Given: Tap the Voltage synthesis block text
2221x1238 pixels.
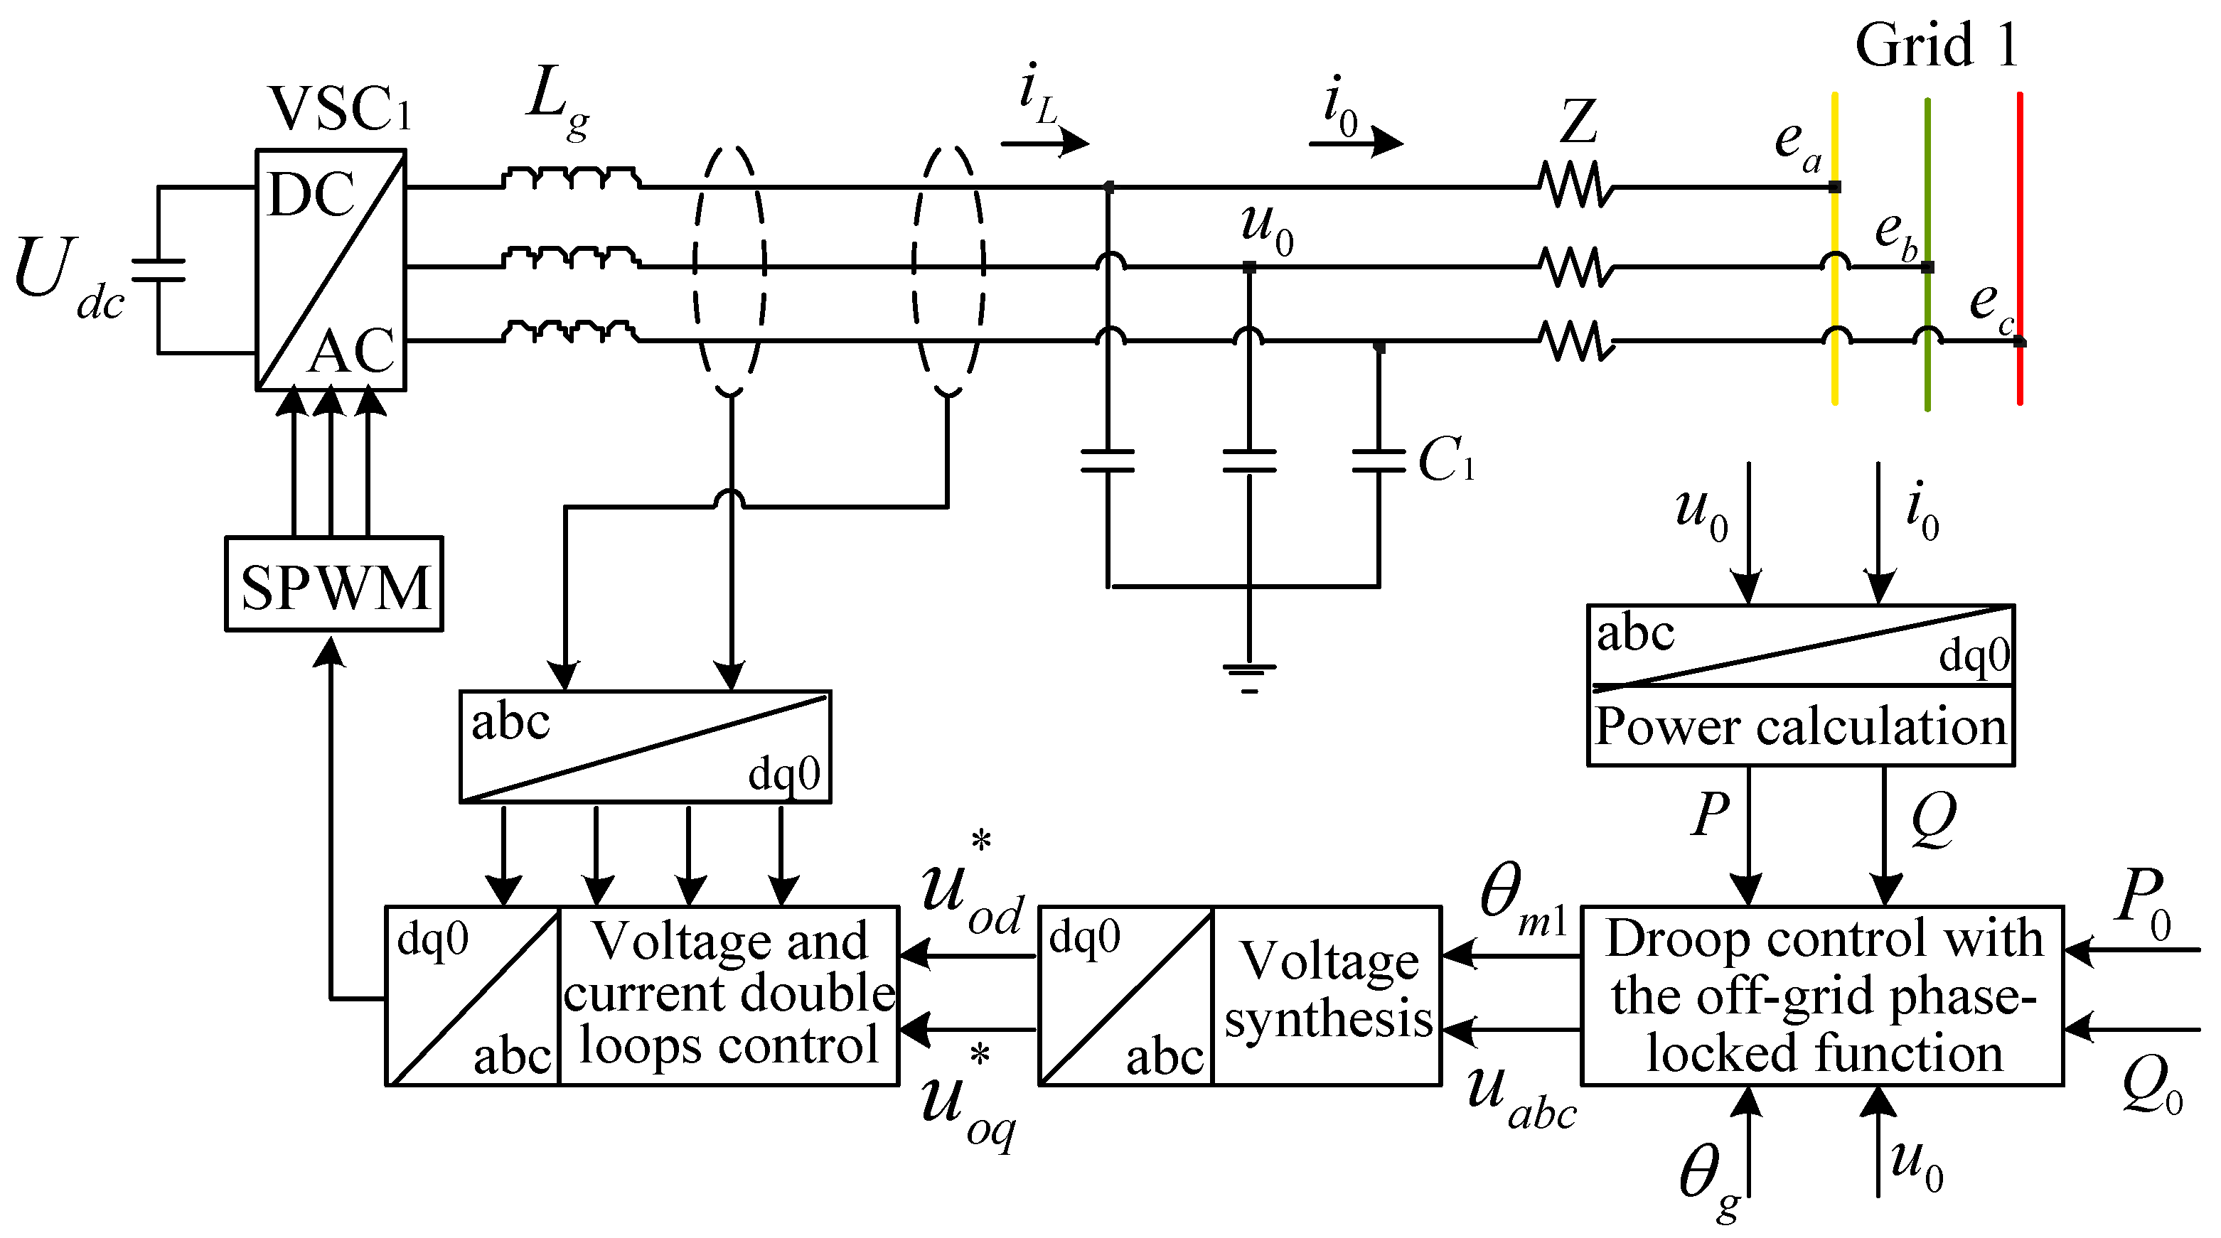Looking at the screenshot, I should [x=1328, y=990].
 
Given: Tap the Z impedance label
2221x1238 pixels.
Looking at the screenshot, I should [x=1578, y=122].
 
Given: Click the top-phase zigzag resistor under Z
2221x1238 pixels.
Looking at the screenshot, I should [x=1576, y=186].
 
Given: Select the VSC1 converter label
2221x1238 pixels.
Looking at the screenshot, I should [x=340, y=109].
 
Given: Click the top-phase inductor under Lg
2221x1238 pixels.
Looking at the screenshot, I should [x=571, y=179].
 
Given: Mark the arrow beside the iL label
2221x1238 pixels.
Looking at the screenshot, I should [x=1046, y=141].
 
